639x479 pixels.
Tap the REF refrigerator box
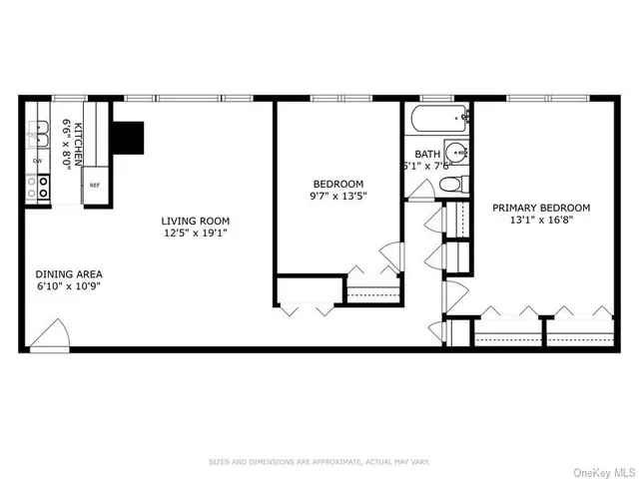(95, 186)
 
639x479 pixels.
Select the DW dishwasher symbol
(38, 160)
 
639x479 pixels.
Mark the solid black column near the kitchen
(129, 136)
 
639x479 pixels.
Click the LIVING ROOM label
(197, 221)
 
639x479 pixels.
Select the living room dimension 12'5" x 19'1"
(197, 234)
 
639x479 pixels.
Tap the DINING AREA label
(69, 273)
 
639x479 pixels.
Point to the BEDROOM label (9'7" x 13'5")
(338, 184)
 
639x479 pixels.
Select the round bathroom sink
(455, 153)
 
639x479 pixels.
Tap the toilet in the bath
(450, 185)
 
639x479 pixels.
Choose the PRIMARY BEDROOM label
(541, 208)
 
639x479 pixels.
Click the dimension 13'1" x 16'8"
(541, 222)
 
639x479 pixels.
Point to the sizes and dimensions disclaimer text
(319, 461)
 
